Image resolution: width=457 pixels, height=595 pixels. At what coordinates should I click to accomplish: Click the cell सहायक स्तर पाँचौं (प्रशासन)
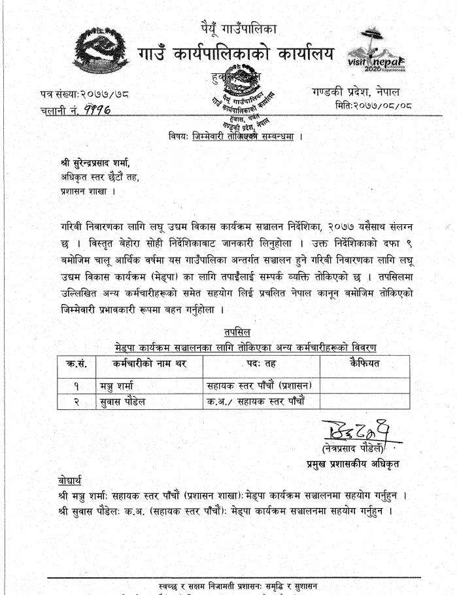tap(261, 385)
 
